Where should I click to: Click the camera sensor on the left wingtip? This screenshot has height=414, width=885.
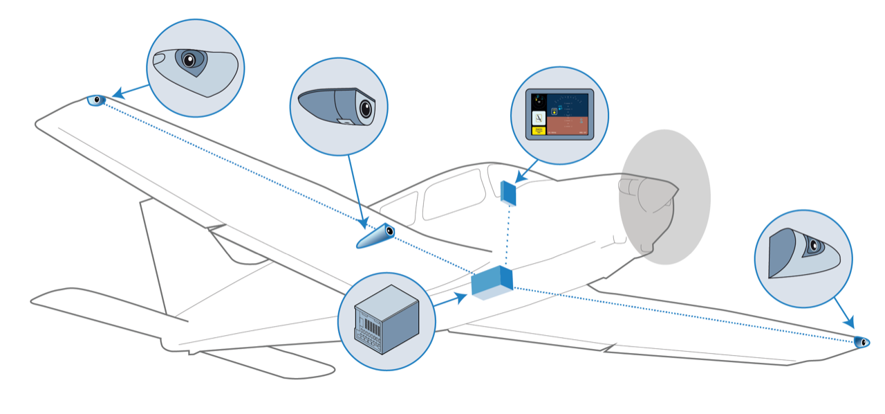tap(97, 100)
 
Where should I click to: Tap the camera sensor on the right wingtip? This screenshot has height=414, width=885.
tap(861, 342)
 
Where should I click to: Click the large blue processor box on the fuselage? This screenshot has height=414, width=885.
tap(492, 282)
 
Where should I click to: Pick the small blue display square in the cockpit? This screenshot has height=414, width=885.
tap(509, 192)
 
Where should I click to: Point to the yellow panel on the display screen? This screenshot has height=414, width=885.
tap(538, 129)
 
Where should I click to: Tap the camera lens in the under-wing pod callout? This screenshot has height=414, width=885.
tap(364, 109)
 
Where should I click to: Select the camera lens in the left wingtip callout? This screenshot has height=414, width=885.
tap(188, 60)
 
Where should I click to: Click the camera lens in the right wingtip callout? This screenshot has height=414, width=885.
tap(814, 245)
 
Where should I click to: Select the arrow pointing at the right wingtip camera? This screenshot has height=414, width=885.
tap(844, 312)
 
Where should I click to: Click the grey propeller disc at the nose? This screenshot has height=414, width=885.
tap(664, 197)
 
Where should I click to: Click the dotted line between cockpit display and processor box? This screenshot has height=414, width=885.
tap(510, 235)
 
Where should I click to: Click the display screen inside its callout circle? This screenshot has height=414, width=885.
tap(559, 115)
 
